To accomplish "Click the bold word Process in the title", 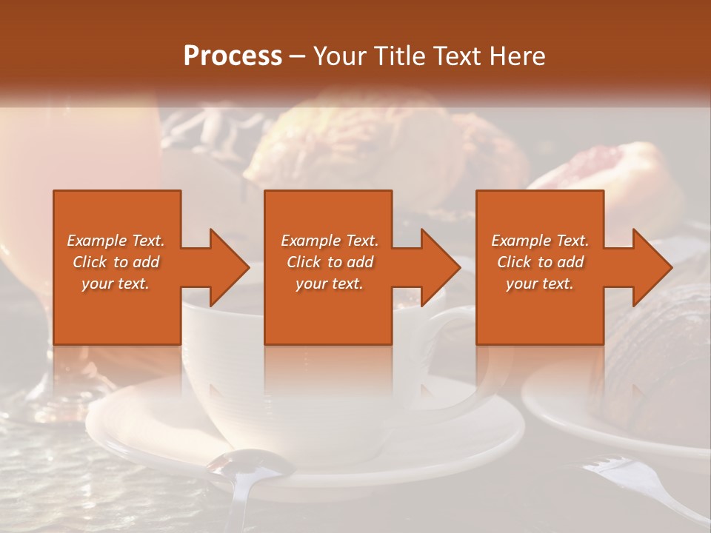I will pos(233,56).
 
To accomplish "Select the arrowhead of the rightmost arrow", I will pos(651,267).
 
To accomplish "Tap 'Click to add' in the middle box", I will pos(330,262).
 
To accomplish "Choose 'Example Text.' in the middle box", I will pos(330,241).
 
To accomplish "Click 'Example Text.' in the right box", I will pos(540,241).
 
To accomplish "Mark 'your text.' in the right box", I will pos(540,284).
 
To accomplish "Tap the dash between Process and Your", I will pos(298,56).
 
